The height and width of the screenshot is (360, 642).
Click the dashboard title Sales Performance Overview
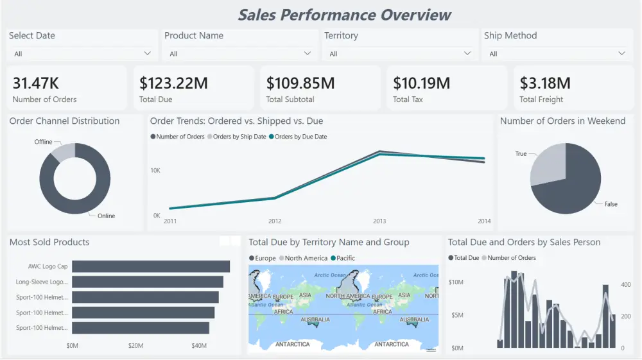pos(344,15)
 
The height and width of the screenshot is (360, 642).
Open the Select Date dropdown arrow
pos(148,54)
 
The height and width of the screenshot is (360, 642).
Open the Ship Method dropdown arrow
pos(621,54)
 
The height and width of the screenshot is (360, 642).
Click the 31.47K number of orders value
pos(36,83)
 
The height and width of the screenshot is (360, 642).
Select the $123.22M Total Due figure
pos(173,83)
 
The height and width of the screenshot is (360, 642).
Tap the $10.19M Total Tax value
pos(421,83)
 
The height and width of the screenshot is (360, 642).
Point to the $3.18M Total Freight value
pos(544,83)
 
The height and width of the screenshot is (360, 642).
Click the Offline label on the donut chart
pos(44,142)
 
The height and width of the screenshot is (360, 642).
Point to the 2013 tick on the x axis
pos(379,221)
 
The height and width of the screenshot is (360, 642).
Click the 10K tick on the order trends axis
pos(155,170)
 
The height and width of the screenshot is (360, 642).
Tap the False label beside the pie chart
pos(611,204)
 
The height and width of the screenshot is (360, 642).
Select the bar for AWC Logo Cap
pos(151,266)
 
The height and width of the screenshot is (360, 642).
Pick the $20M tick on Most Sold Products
pos(135,346)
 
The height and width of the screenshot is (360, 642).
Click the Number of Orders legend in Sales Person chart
pos(512,258)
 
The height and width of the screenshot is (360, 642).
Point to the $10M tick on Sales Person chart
pos(455,282)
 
